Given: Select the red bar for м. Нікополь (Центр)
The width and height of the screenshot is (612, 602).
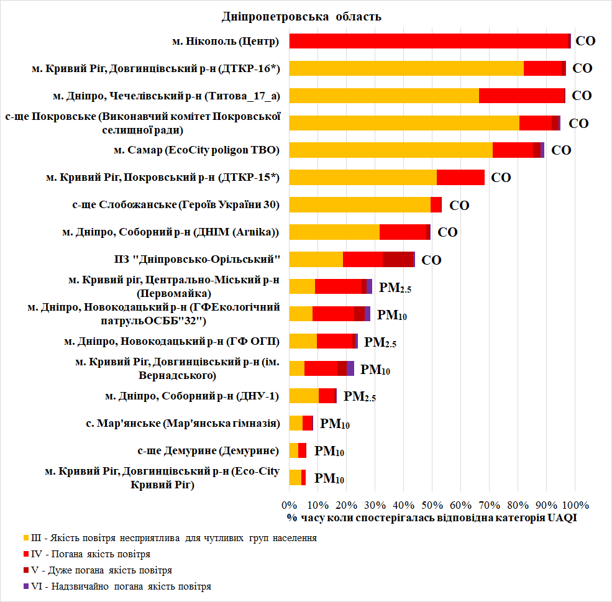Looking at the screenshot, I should click(x=429, y=41).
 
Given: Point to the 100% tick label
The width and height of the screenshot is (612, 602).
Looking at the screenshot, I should click(x=574, y=504).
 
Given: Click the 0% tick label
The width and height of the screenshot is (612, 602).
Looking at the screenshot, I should click(x=290, y=504).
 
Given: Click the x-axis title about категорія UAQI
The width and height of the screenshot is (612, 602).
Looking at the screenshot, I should click(x=432, y=518).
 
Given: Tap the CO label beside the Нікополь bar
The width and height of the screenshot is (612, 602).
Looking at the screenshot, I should click(x=585, y=42).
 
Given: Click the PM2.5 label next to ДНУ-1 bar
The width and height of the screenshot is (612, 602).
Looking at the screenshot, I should click(x=360, y=396).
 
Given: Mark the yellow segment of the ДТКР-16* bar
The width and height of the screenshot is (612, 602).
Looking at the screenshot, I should click(x=406, y=68).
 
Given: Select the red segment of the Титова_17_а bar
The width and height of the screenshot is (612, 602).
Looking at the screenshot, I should click(x=522, y=96).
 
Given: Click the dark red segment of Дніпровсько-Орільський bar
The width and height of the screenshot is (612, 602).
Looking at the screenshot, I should click(x=398, y=259).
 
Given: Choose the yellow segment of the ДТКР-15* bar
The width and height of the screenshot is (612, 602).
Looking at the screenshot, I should click(x=363, y=177).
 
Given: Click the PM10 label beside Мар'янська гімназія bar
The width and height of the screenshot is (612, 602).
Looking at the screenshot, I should click(x=334, y=424).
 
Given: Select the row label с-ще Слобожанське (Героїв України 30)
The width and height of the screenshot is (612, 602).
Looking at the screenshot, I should click(x=176, y=204).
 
